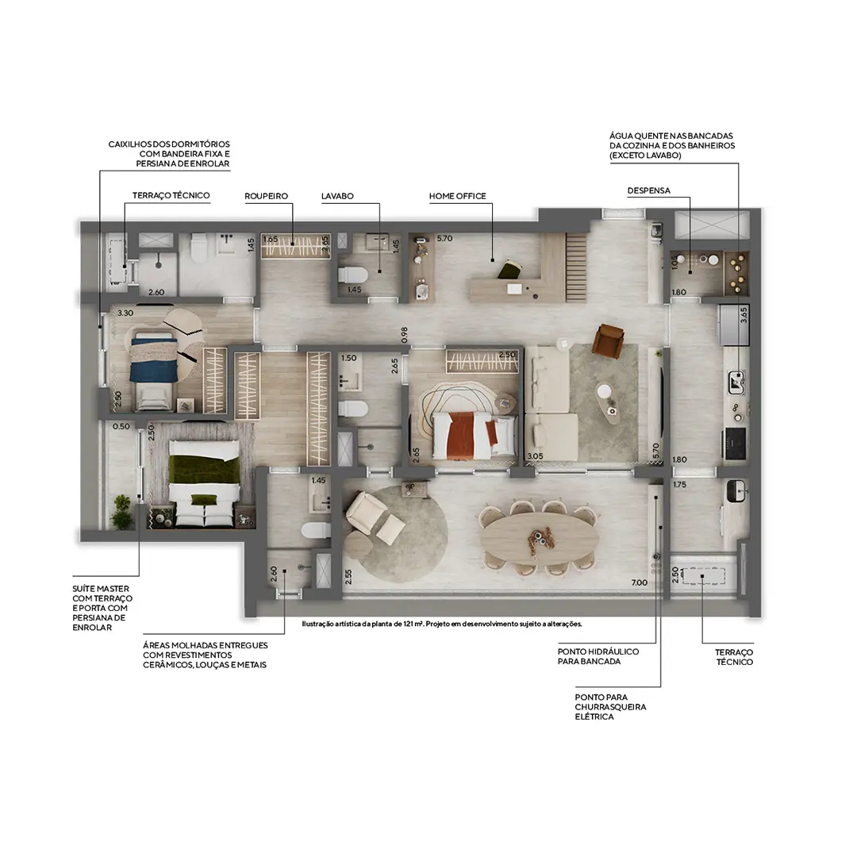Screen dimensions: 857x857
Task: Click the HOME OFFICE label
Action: click(x=457, y=196)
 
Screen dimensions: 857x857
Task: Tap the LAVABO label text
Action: click(x=337, y=196)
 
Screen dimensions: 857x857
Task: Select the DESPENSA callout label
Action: click(x=648, y=191)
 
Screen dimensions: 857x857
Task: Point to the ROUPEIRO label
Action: click(x=266, y=196)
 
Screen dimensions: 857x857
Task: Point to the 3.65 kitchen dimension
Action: click(x=744, y=314)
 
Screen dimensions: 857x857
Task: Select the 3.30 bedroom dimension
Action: click(x=125, y=313)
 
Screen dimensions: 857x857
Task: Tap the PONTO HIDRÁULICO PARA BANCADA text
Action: click(x=598, y=656)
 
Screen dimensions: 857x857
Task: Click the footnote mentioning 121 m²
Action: click(x=442, y=624)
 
